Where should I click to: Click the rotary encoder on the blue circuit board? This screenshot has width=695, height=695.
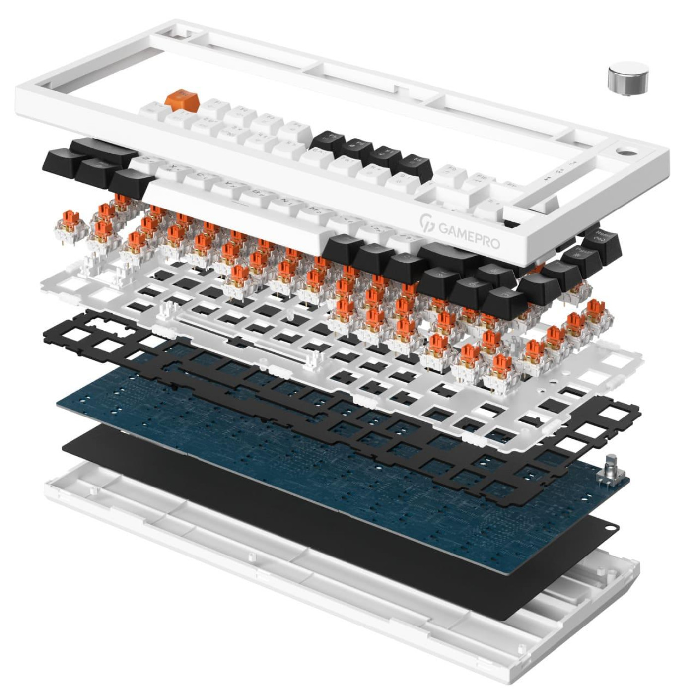point(611,472)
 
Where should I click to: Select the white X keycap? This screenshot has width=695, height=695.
point(174,170)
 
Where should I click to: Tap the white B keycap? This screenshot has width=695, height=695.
point(257,195)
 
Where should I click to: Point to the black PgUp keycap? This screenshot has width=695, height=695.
point(581,258)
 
